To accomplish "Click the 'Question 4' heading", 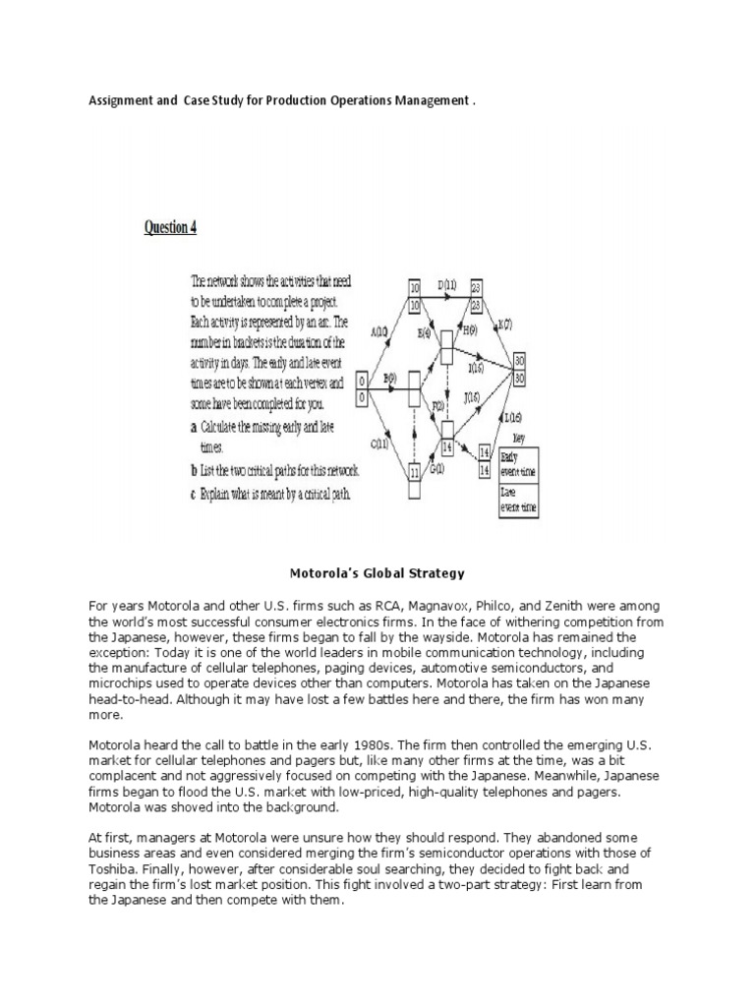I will coord(170,227).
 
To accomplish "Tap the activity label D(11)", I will coord(447,285).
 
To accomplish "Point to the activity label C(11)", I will coord(378,443).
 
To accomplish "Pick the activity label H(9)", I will coord(469,331).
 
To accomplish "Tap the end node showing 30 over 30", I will coord(519,370).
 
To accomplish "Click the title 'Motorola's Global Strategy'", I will coord(377,572).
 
